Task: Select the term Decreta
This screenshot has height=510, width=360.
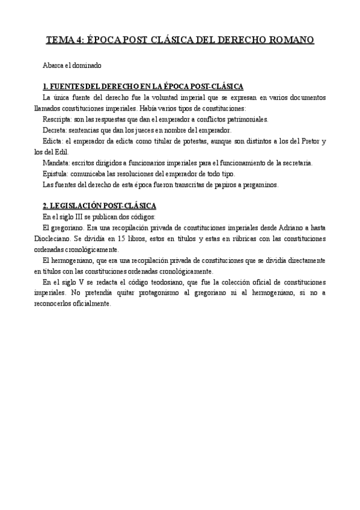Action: pyautogui.click(x=55, y=130)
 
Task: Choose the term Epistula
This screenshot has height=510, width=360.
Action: pyautogui.click(x=56, y=174)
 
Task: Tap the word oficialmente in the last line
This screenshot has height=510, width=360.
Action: pyautogui.click(x=91, y=304)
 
